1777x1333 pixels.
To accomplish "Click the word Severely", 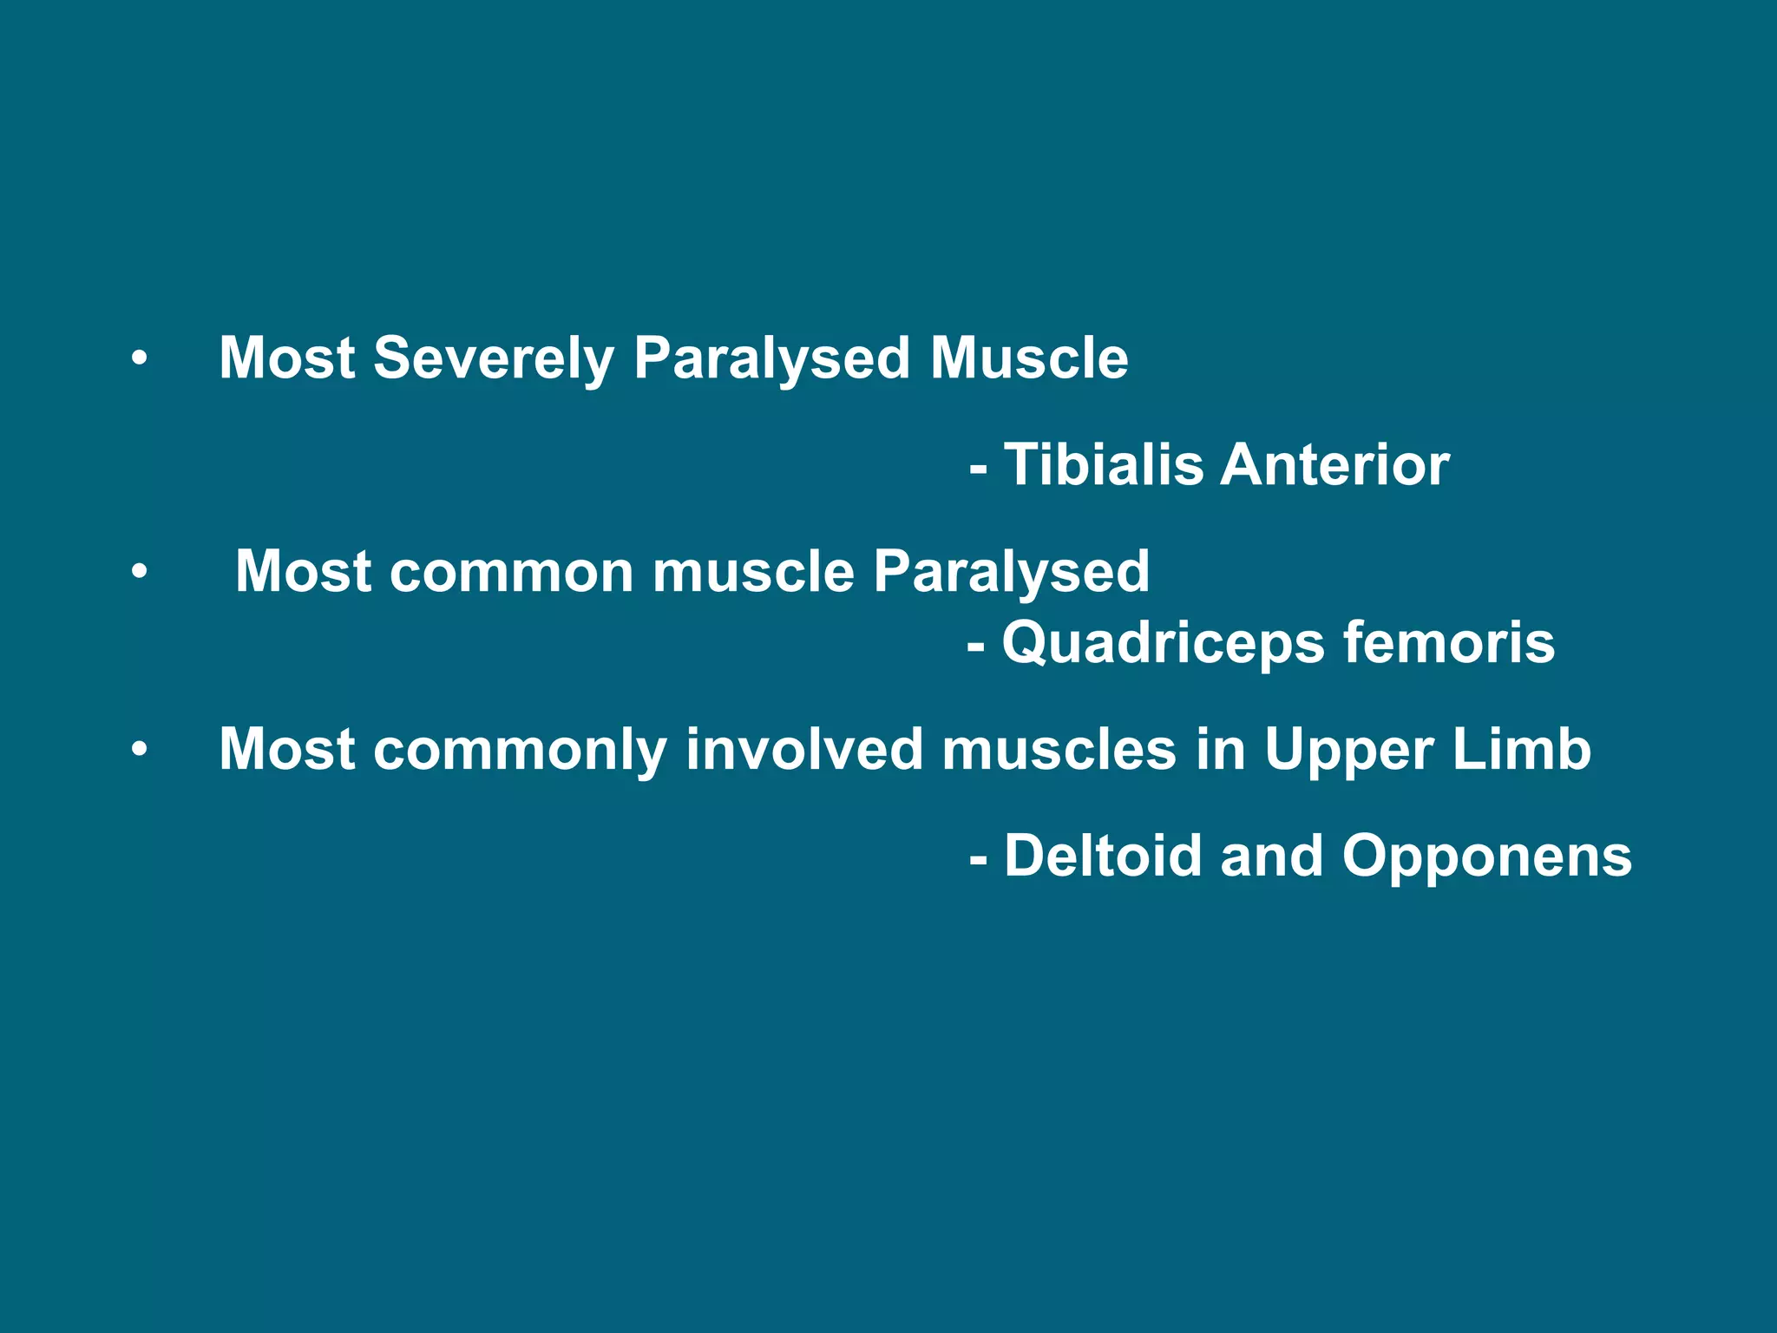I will click(493, 358).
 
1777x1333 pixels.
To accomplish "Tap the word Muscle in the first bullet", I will click(1029, 358).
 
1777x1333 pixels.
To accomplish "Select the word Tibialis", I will click(1104, 465).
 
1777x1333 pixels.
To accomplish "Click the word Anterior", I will click(1334, 465).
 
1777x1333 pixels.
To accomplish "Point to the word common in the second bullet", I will click(512, 572).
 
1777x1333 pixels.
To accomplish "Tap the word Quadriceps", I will click(1164, 643).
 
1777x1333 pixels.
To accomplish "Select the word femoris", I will click(1448, 643).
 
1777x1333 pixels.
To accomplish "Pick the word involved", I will click(803, 750).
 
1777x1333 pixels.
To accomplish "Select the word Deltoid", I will click(1103, 857).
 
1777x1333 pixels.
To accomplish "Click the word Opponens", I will click(1486, 857).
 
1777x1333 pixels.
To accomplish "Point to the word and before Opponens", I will click(1271, 857).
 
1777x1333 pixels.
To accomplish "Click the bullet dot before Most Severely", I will click(140, 358).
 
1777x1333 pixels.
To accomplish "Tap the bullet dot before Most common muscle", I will click(140, 572).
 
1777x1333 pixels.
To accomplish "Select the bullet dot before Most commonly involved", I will click(140, 750).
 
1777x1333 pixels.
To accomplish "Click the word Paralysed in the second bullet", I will click(1011, 572).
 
